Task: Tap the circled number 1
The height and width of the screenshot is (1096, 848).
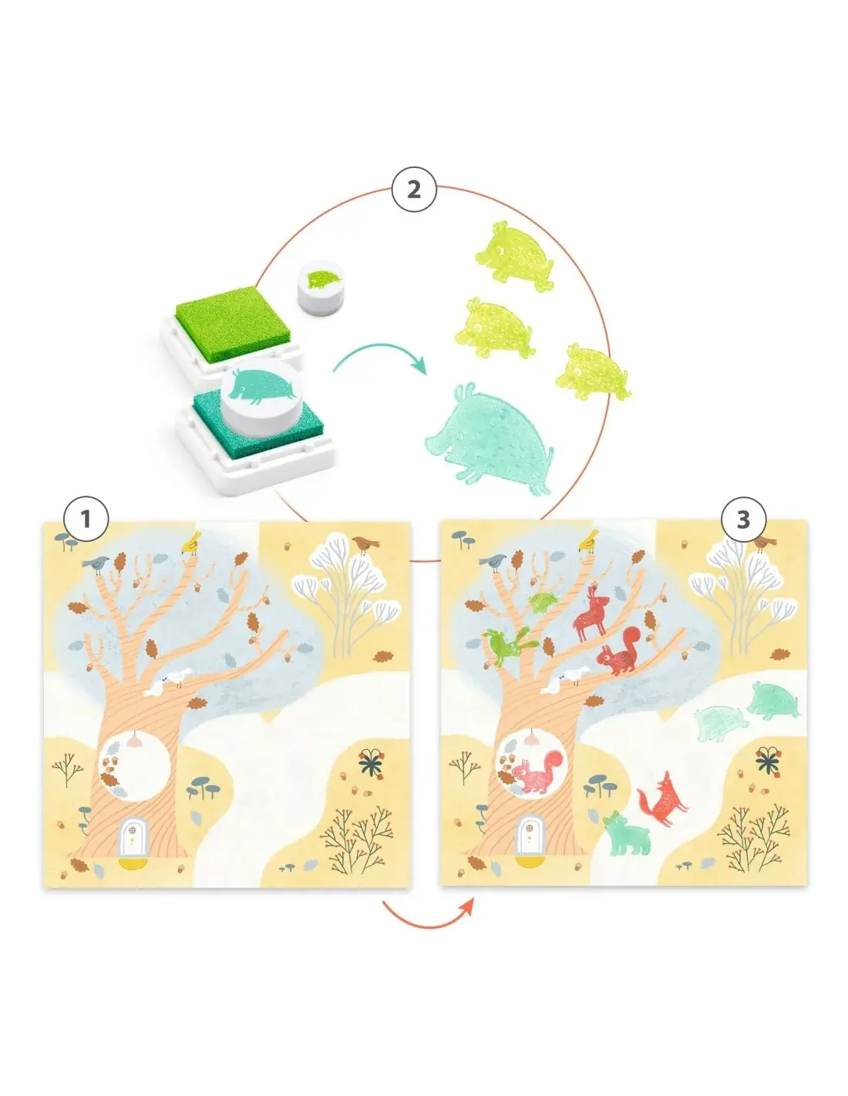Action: point(86,519)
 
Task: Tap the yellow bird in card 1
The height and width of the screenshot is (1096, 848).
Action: point(191,543)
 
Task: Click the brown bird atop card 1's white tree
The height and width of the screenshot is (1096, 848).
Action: point(365,543)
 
